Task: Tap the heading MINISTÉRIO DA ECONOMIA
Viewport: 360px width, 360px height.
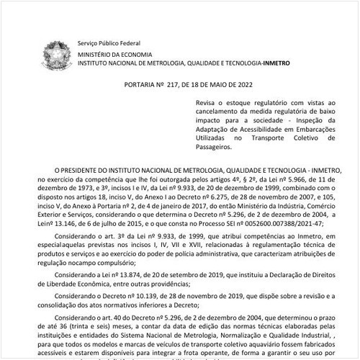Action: [114, 53]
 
